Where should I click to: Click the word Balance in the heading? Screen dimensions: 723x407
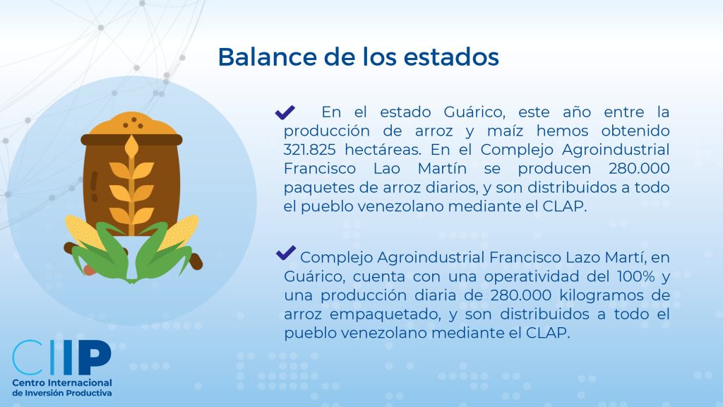tap(267, 57)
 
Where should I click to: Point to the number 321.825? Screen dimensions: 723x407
tap(309, 150)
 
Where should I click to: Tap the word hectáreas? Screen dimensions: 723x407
tap(383, 150)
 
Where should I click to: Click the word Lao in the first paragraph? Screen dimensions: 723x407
tap(386, 168)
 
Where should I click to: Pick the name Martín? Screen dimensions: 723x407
tap(442, 168)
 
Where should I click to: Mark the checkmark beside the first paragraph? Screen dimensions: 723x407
tap(285, 112)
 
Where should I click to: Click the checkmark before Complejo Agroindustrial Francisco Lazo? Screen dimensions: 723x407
tap(285, 253)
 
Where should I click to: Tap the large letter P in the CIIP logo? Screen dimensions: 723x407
tap(94, 358)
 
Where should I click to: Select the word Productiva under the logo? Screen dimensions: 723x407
tap(89, 393)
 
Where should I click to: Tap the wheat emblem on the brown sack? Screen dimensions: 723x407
tap(131, 184)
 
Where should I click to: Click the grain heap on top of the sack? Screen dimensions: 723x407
tap(131, 123)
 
